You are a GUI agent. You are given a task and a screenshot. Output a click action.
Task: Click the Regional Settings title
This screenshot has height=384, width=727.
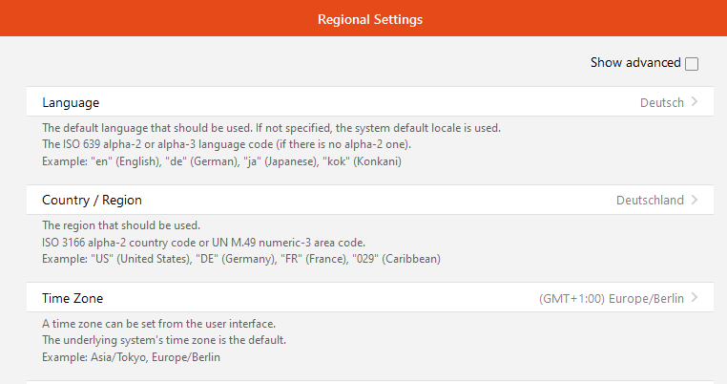370,19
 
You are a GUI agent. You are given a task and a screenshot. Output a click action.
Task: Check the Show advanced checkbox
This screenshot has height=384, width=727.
692,64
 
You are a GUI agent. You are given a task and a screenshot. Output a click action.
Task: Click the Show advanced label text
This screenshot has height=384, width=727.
635,63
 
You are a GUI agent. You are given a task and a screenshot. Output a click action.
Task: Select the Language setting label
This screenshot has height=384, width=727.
71,102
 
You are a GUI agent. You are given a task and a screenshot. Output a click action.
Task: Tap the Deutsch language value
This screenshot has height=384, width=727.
661,102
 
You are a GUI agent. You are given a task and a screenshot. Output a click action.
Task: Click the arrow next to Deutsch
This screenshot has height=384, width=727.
694,101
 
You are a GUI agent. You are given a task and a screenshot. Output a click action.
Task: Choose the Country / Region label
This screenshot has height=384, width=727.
92,201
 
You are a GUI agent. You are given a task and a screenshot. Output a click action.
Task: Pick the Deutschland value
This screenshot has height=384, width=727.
650,201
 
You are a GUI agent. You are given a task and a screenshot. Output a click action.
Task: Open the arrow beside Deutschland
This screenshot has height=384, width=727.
694,200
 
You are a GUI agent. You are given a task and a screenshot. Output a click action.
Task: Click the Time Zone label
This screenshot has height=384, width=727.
73,298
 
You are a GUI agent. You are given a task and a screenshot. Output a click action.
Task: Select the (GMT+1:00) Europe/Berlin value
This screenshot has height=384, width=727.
612,299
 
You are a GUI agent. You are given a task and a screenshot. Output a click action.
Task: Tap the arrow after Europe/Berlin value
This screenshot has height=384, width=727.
694,297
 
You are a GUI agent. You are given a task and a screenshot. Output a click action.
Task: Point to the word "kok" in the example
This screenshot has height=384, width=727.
335,161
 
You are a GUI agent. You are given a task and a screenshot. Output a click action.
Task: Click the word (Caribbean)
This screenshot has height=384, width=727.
411,259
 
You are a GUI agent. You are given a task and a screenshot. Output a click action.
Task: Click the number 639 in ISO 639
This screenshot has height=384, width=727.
92,144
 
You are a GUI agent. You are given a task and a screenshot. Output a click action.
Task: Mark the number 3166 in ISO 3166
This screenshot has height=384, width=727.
73,243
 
